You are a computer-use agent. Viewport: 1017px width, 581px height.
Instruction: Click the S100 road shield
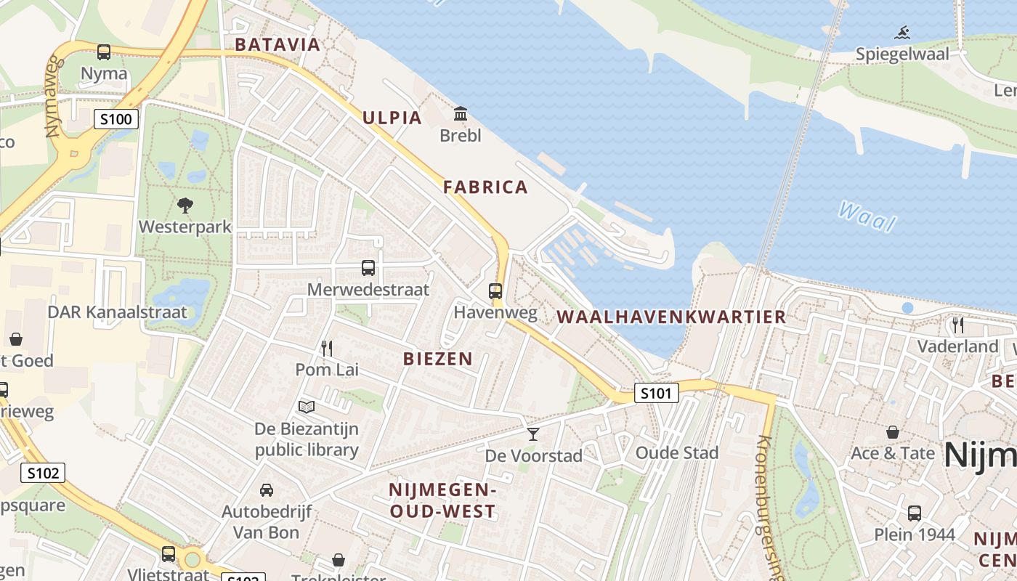point(116,119)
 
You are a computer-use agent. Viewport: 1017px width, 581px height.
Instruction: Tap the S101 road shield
point(656,393)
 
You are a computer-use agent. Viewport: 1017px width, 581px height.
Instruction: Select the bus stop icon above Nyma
point(104,52)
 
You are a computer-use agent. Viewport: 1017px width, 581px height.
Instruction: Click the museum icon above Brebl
point(460,114)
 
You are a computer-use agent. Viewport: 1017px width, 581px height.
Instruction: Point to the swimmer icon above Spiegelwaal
point(902,33)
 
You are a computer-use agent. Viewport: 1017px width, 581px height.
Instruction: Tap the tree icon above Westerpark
point(185,206)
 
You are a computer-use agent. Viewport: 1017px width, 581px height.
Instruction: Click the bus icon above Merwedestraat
point(368,268)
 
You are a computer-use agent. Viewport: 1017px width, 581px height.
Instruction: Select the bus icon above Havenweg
point(495,291)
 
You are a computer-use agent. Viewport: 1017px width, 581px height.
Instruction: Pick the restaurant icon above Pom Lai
point(327,349)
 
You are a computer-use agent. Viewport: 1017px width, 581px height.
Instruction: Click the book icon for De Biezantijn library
point(307,407)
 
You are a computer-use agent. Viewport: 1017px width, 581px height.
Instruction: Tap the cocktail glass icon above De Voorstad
point(533,434)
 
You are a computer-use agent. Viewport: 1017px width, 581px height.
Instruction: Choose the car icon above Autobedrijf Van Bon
point(267,490)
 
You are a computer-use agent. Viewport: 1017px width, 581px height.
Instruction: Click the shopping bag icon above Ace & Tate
point(893,432)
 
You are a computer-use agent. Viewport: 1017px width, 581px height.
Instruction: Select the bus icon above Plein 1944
point(914,513)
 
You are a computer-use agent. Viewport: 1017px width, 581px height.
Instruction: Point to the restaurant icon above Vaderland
point(957,325)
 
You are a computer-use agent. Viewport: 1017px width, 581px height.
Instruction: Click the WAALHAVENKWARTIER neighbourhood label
point(671,317)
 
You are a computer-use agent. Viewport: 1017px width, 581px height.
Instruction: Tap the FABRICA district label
point(485,187)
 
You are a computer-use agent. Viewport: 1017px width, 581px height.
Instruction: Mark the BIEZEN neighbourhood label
point(437,358)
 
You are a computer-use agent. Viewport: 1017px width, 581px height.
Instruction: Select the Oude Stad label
point(676,453)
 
